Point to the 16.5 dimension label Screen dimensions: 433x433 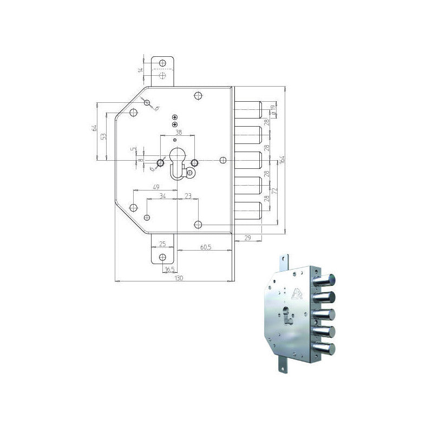pos(169,269)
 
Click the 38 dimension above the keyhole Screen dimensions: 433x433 pos(178,132)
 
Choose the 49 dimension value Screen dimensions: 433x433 pos(155,187)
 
